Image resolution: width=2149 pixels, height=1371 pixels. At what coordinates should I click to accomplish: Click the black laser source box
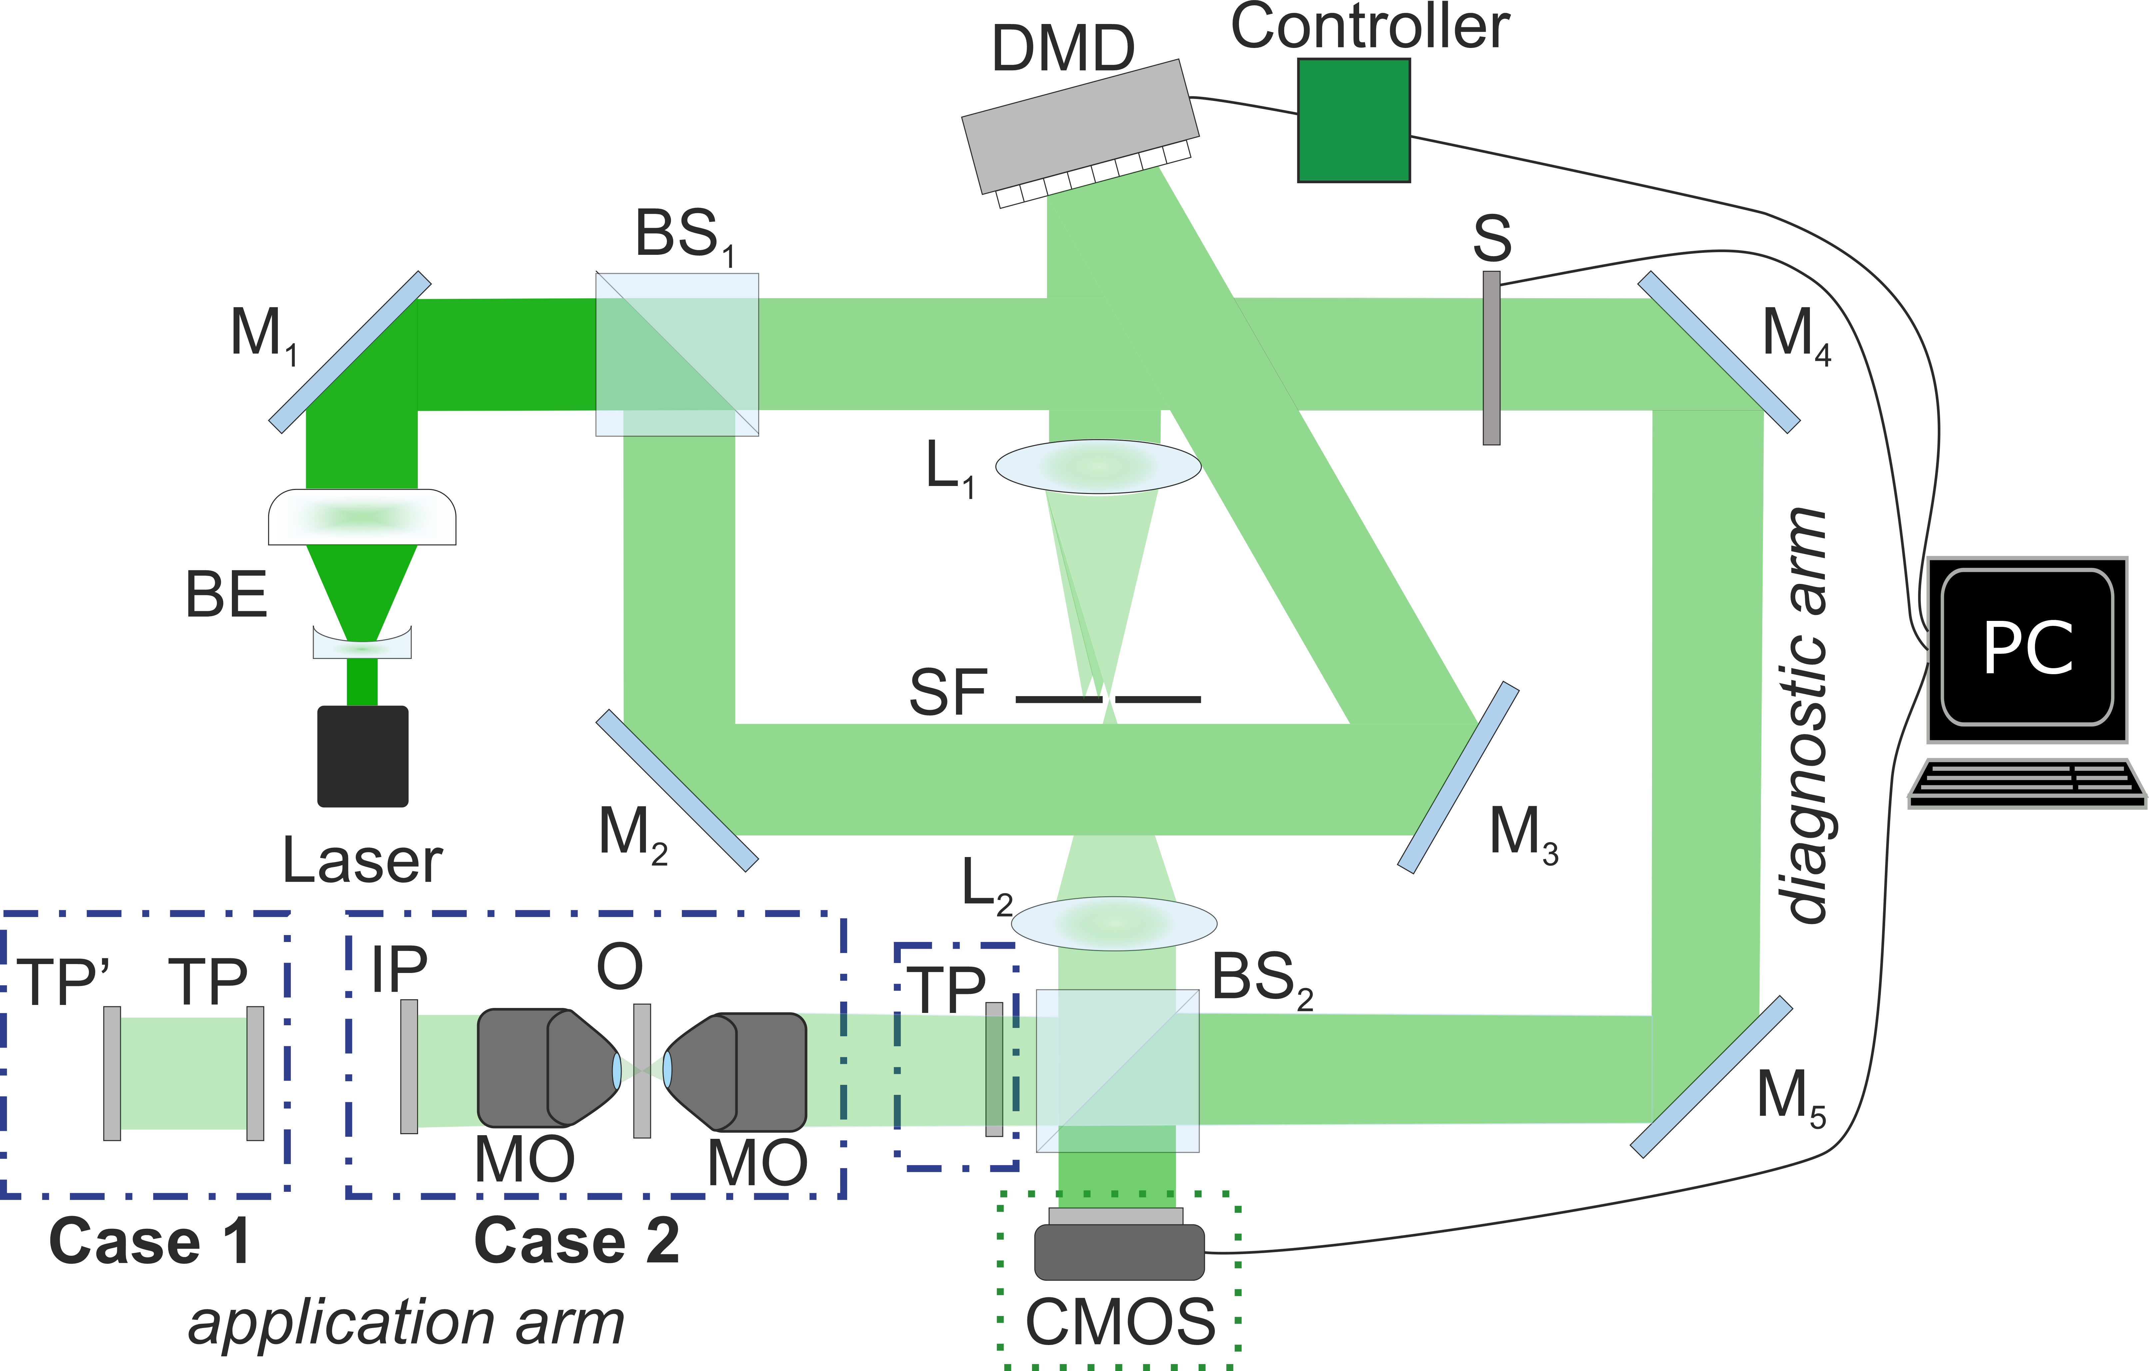pyautogui.click(x=362, y=756)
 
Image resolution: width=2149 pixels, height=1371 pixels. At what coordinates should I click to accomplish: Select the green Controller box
pyautogui.click(x=1353, y=121)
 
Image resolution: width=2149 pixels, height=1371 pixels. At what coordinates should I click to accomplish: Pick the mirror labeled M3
pyautogui.click(x=1457, y=776)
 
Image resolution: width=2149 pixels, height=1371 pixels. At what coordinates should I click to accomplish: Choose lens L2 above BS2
pyautogui.click(x=1115, y=923)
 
